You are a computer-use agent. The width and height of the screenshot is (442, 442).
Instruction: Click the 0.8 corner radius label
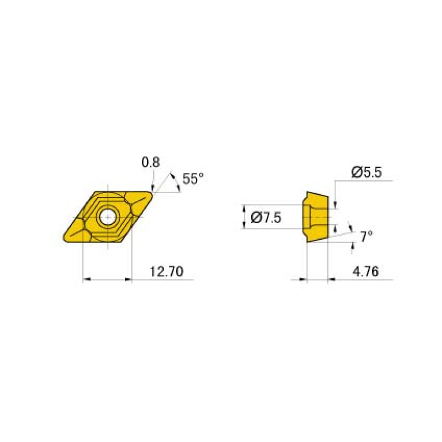[151, 163]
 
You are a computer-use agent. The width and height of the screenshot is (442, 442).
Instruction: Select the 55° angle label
[193, 179]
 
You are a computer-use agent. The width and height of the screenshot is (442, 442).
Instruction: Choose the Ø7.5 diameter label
[266, 217]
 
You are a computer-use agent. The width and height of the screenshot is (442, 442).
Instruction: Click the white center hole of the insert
[107, 217]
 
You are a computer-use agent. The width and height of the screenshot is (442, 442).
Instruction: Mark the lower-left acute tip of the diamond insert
[63, 238]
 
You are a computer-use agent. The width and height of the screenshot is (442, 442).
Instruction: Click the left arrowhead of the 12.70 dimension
[86, 280]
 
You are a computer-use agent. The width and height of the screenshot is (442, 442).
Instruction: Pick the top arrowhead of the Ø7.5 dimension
[244, 209]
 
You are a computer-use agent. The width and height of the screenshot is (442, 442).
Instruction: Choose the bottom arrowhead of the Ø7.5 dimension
[244, 225]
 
